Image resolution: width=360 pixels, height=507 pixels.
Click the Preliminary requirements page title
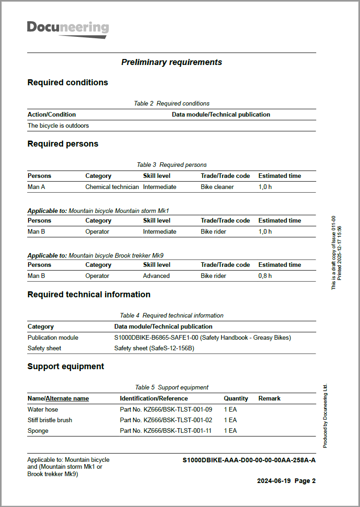click(x=171, y=62)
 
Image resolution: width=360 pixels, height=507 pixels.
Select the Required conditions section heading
click(x=68, y=83)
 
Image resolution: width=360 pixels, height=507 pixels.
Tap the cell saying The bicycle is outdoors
click(x=58, y=125)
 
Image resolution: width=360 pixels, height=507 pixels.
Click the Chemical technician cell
click(x=112, y=187)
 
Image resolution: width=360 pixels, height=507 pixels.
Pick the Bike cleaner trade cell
click(x=217, y=187)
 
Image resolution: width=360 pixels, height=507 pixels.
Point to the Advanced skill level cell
click(x=156, y=276)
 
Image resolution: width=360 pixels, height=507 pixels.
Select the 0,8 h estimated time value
click(x=265, y=276)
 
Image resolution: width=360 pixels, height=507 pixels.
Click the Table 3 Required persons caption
click(x=171, y=165)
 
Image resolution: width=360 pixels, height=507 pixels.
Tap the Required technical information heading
click(x=89, y=295)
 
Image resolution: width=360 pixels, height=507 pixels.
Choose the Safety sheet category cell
click(x=44, y=348)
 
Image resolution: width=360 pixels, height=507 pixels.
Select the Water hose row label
click(x=43, y=409)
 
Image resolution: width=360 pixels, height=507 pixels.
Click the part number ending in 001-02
click(x=166, y=420)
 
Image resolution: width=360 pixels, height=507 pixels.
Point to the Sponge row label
click(x=38, y=431)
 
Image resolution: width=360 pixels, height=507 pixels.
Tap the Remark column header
click(x=269, y=398)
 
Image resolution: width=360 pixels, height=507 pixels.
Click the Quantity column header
click(x=236, y=398)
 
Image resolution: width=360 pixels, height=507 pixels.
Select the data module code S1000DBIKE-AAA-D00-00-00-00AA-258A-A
click(x=249, y=460)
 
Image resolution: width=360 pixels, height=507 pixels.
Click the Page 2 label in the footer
click(x=305, y=481)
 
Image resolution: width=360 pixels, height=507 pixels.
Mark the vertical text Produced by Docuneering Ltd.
click(x=325, y=416)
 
